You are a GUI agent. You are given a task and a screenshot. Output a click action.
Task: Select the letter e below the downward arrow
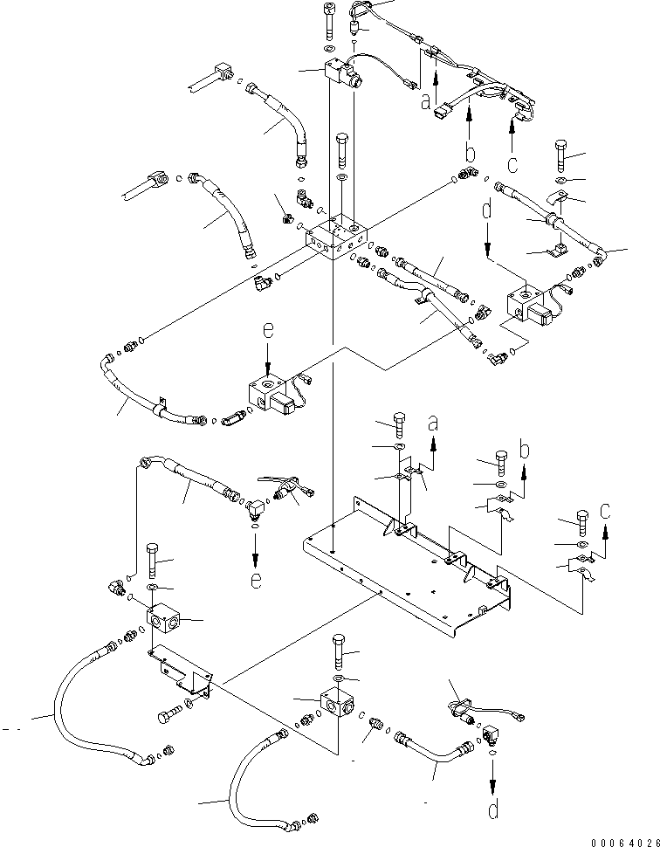pos(256,579)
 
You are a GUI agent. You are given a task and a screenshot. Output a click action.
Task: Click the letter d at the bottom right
pos(494,809)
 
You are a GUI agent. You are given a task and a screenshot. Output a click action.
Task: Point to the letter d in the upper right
pos(487,210)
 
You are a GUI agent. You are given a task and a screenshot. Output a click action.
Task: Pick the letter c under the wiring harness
pos(512,163)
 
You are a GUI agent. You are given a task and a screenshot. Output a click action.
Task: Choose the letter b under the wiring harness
pos(470,155)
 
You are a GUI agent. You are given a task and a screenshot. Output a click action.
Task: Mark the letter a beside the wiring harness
pos(425,102)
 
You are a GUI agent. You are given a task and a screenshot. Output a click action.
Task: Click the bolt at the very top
pos(329,21)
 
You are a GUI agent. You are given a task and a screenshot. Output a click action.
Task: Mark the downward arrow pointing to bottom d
pos(493,773)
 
